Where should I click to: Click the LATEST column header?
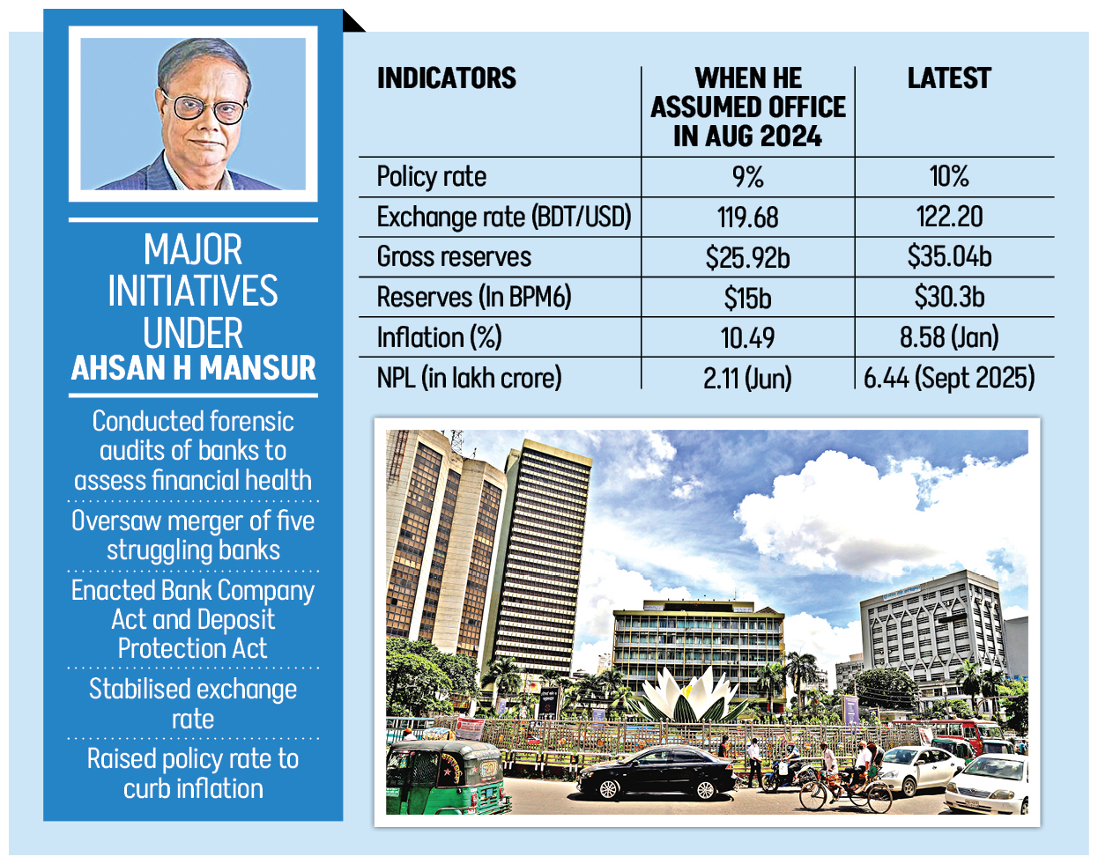949,79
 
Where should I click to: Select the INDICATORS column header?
447,79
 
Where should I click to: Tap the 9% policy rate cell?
747,177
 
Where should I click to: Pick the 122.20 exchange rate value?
949,217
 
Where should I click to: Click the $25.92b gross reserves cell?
747,257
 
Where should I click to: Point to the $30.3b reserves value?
949,297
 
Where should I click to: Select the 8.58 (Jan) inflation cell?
949,337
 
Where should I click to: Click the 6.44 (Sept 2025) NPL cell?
949,378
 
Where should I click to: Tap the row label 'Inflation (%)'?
439,337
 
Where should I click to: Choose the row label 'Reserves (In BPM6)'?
474,297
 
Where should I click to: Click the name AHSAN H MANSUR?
193,368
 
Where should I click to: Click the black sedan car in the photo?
657,773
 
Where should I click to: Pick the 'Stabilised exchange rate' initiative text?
193,704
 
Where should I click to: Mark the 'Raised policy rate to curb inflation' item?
193,773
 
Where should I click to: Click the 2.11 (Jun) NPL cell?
747,378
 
